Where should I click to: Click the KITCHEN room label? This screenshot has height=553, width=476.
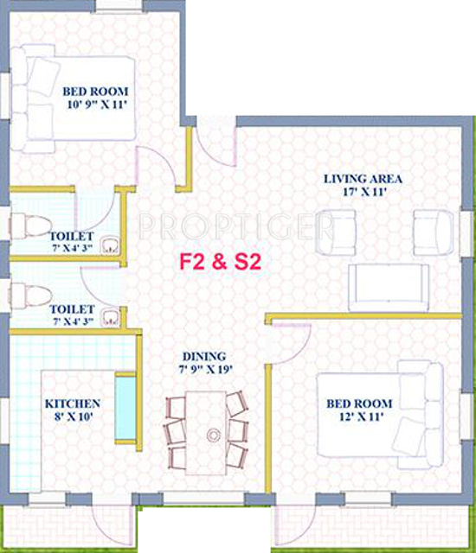pyautogui.click(x=73, y=404)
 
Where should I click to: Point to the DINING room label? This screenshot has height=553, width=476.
pyautogui.click(x=203, y=356)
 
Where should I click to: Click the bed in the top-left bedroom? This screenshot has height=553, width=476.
pyautogui.click(x=78, y=98)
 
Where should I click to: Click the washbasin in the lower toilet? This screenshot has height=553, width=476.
pyautogui.click(x=108, y=314)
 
